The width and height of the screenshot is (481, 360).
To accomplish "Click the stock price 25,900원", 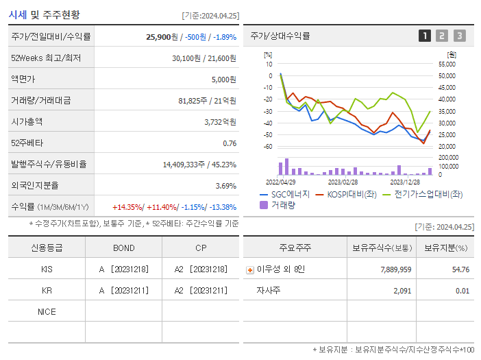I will click(x=162, y=36).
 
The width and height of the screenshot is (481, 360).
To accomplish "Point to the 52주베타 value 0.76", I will click(x=230, y=143).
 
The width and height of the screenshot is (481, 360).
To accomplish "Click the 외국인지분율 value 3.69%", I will click(x=225, y=186).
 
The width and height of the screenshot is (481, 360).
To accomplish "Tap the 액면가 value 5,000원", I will click(x=223, y=80).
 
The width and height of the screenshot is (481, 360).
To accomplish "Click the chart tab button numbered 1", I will click(x=425, y=36).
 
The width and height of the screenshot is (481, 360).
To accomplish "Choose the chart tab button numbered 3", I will click(x=459, y=36).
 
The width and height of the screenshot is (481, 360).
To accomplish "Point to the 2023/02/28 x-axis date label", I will click(x=343, y=182).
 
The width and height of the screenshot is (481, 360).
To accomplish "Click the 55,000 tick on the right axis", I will click(x=447, y=64).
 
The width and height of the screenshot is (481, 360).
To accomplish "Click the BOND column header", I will click(x=123, y=248).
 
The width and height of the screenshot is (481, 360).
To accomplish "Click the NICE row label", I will click(x=47, y=312).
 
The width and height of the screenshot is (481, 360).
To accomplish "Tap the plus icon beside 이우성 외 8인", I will click(x=249, y=269).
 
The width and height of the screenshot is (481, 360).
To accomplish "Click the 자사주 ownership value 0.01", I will click(x=462, y=291).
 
